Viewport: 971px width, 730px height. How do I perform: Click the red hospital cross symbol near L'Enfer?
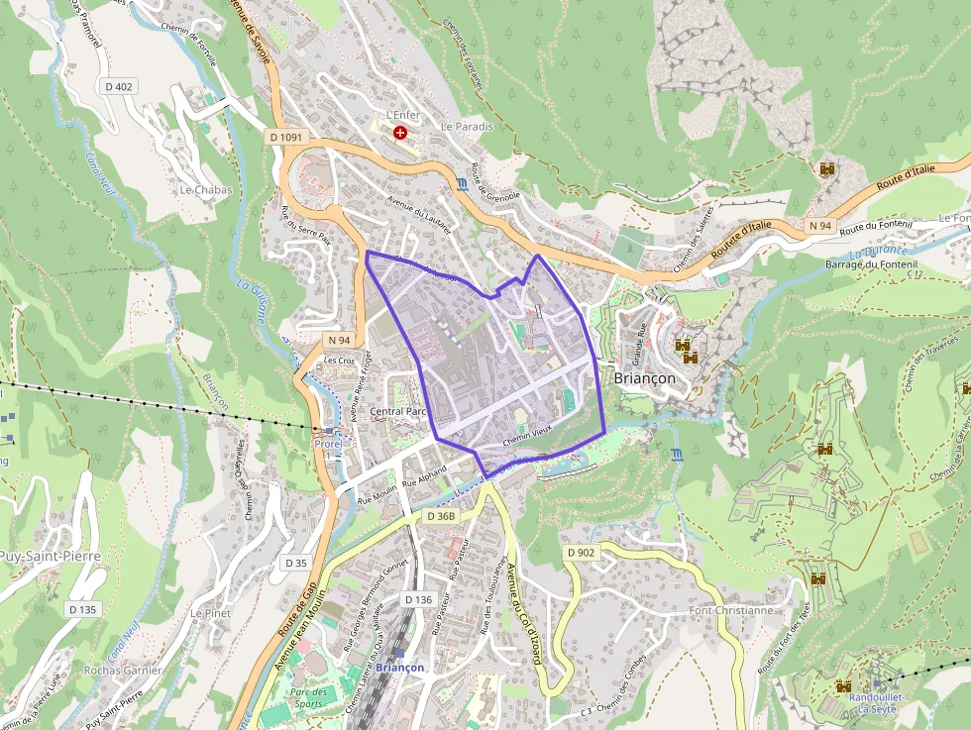(399, 132)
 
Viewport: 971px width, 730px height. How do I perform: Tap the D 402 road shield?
(118, 87)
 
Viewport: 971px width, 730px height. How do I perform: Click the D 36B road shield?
(441, 517)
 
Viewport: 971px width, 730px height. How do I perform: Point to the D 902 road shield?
(582, 552)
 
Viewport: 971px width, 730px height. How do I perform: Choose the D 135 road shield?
(83, 609)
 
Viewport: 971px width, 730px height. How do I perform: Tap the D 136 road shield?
(419, 600)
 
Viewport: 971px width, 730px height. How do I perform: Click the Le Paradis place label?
(467, 127)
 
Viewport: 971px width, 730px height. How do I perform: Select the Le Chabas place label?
(205, 190)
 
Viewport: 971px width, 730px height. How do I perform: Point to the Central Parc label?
(396, 411)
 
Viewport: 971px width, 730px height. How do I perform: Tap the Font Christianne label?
(731, 611)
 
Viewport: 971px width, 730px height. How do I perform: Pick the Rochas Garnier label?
(123, 671)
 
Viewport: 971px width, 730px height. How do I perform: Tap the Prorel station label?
(328, 444)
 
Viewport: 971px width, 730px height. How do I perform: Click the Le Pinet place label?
(210, 614)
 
